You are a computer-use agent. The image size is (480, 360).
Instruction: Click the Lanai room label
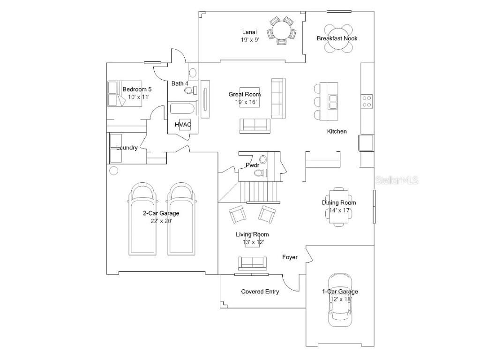click(249, 32)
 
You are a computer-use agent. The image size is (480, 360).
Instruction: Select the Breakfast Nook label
click(337, 38)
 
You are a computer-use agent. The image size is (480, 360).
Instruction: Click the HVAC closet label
click(183, 125)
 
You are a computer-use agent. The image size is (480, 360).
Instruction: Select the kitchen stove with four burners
click(367, 101)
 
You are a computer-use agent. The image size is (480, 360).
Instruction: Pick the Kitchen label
click(337, 131)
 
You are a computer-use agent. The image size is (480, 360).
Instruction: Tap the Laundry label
click(127, 148)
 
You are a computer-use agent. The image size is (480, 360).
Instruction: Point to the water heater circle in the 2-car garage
click(113, 171)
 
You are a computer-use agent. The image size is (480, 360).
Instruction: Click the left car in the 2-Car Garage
click(142, 219)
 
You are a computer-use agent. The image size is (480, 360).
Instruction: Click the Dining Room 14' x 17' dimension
click(339, 210)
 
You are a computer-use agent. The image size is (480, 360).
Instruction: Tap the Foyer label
click(290, 257)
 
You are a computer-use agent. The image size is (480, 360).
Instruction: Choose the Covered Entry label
click(260, 292)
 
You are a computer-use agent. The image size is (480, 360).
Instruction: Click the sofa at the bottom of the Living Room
click(253, 263)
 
